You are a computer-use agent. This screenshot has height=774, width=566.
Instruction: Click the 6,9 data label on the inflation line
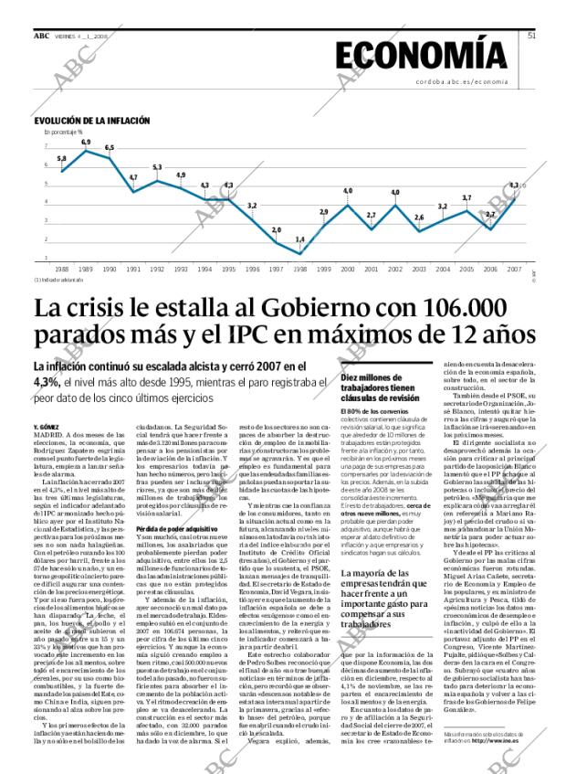pos(86,143)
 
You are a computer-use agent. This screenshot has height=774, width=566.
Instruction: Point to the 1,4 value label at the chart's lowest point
pos(299,239)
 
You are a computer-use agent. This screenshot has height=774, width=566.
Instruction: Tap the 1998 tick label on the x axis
pos(299,270)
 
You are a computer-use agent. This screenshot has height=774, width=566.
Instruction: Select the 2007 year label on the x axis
pos(514,270)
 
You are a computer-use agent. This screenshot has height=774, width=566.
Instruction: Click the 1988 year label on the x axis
pos(61,270)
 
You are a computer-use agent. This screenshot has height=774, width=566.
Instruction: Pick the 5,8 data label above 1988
pos(61,159)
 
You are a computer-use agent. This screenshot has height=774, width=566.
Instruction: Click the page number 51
pos(531,36)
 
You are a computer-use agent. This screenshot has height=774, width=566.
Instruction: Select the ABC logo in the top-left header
pos(42,36)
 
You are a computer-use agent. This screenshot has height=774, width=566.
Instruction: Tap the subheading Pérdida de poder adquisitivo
pos(176,529)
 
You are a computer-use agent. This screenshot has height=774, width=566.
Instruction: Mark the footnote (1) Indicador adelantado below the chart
pos(58,280)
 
